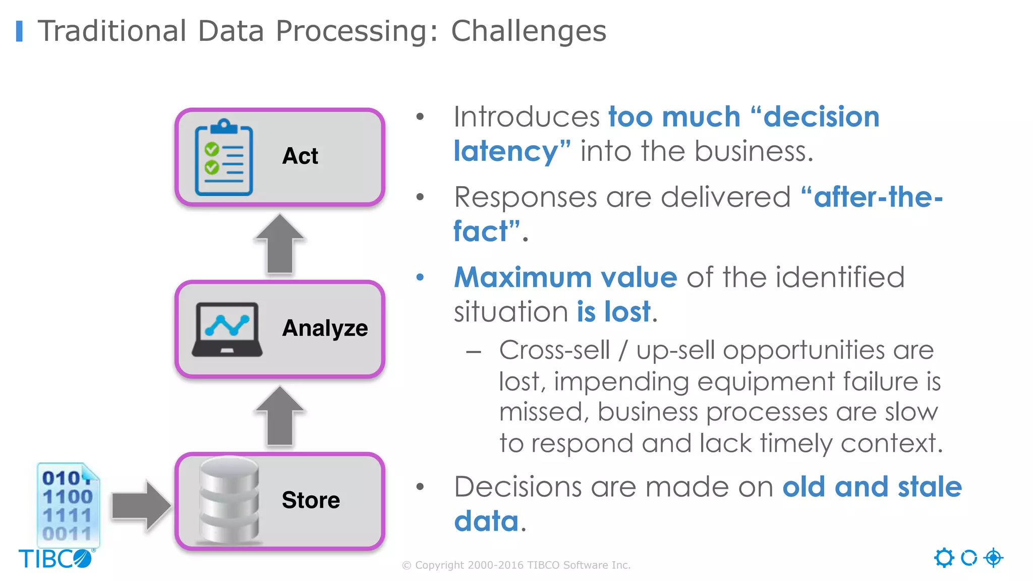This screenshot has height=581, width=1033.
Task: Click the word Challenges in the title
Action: coord(528,31)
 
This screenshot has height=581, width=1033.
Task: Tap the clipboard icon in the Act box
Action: coord(223,158)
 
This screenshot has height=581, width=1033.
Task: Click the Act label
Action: coord(300,156)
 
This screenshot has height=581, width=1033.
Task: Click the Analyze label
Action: coord(325,328)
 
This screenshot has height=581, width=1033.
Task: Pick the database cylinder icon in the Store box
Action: coord(229,500)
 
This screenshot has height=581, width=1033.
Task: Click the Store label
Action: coord(311,500)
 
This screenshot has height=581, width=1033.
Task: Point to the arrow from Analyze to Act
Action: coord(280,244)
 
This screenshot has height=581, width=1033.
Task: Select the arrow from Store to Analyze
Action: coord(280,416)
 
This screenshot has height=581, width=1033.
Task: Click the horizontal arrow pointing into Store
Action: coord(141,505)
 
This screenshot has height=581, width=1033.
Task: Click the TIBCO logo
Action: coord(56,559)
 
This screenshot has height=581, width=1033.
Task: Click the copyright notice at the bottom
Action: coord(516,565)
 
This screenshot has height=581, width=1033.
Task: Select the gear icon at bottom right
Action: coord(944,558)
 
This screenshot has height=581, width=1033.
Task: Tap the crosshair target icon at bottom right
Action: coord(993,558)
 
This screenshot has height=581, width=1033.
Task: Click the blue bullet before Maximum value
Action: coord(420,277)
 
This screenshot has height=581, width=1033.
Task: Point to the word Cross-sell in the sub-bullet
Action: coord(554,350)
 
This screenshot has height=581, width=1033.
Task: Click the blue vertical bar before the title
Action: coord(19,31)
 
